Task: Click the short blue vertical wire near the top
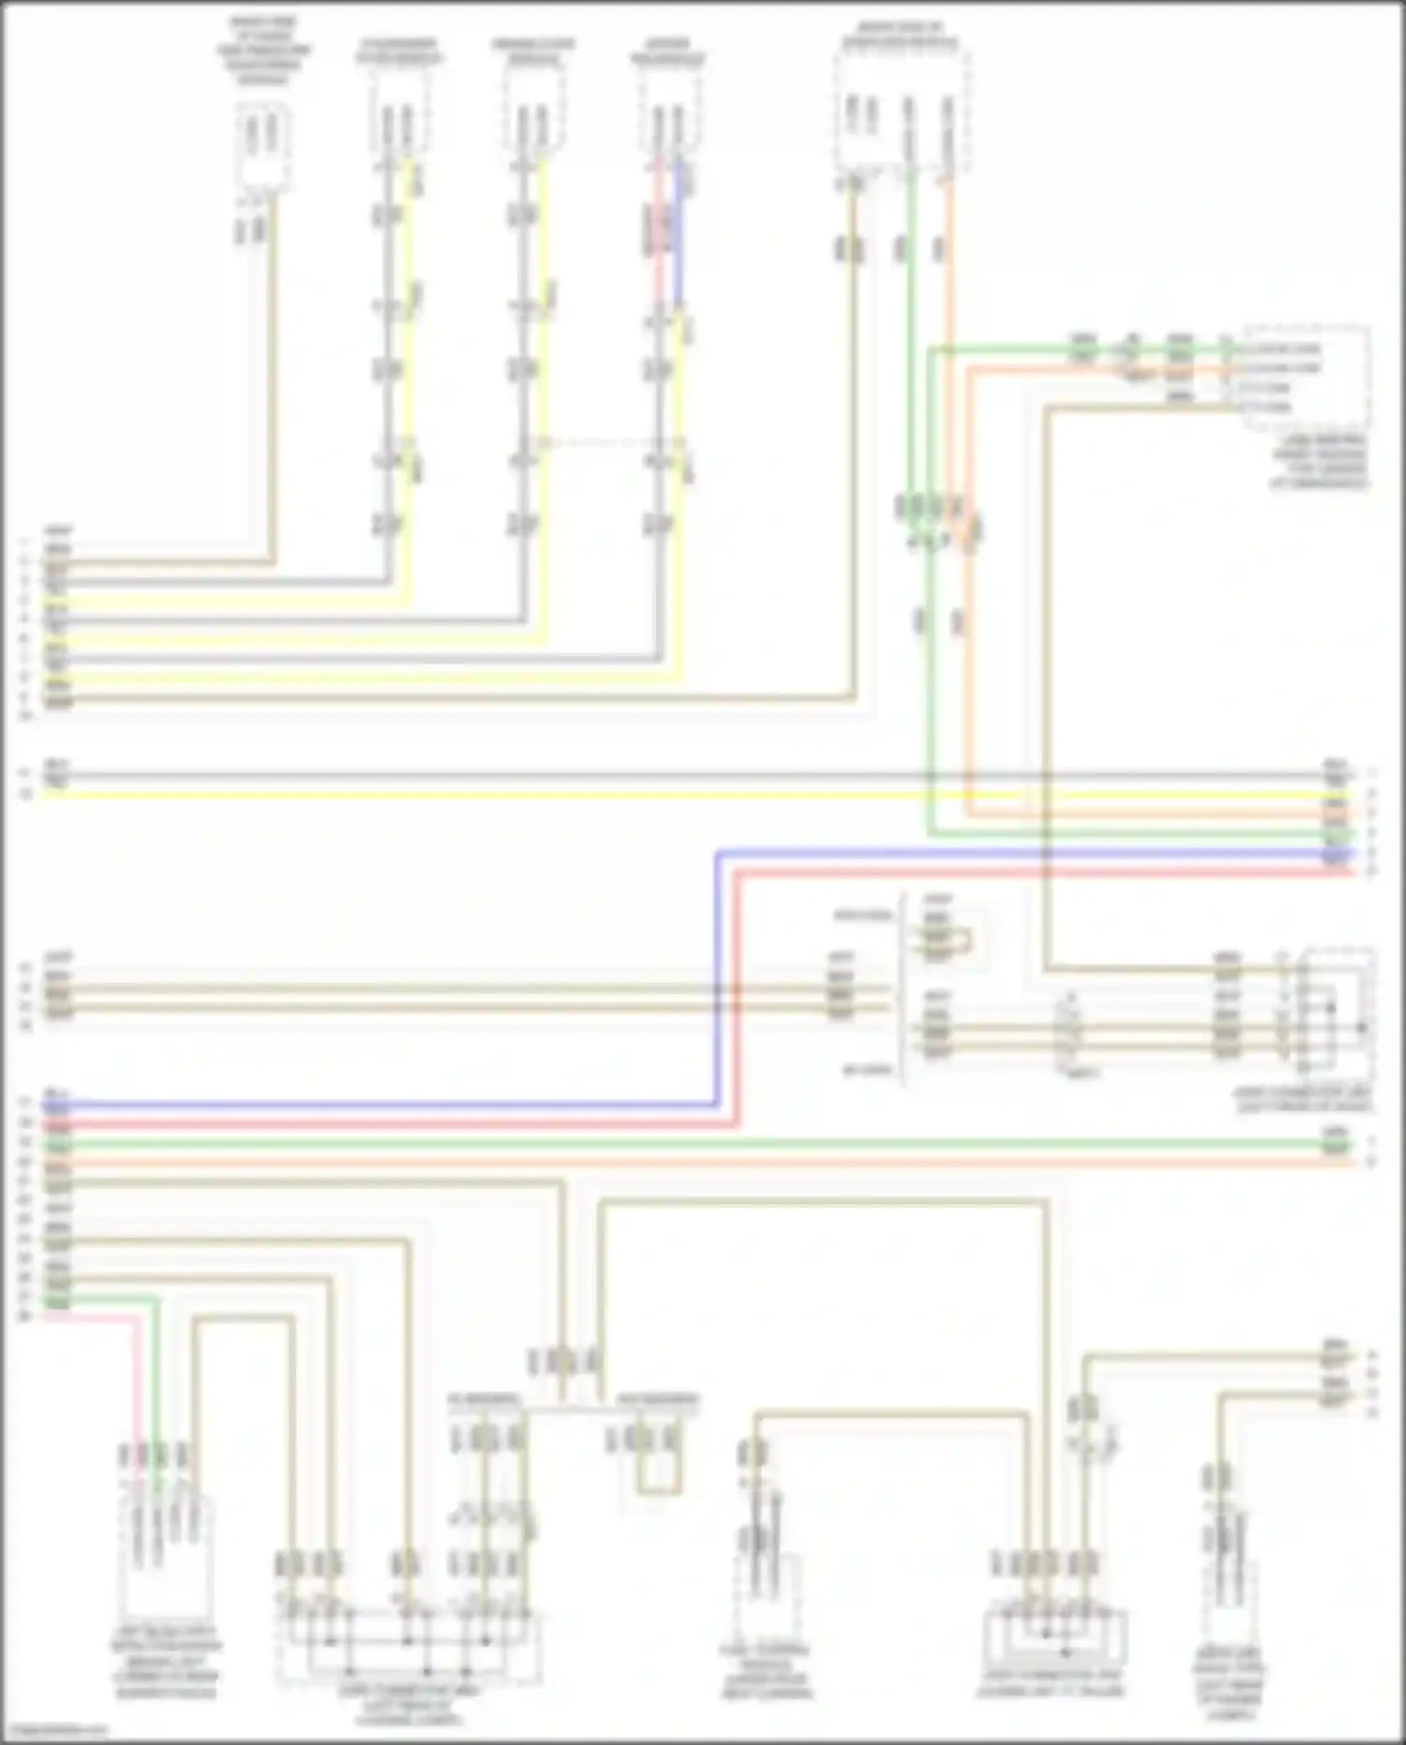point(679,230)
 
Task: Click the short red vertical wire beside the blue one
point(659,230)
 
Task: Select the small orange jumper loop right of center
point(965,937)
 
